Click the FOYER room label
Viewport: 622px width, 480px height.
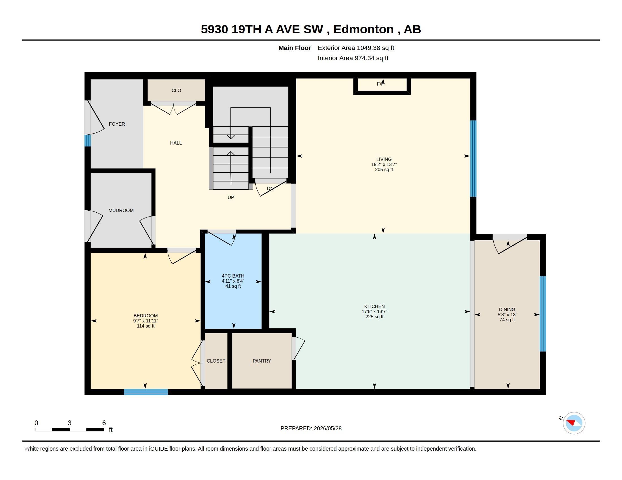point(117,124)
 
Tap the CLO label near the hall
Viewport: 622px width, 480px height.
point(176,90)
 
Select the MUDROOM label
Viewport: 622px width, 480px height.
point(121,210)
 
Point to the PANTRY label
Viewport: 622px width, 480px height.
point(262,361)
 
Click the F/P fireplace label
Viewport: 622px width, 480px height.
point(381,84)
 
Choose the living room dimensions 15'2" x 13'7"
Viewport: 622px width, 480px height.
point(384,164)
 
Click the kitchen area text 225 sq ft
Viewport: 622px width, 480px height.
point(375,317)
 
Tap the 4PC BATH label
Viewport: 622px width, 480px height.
point(233,276)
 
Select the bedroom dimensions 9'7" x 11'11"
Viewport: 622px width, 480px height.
point(146,321)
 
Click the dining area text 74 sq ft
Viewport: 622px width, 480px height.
point(507,320)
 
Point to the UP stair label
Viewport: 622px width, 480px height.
point(231,197)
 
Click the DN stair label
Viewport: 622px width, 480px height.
point(270,188)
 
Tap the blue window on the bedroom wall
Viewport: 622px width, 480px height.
point(146,392)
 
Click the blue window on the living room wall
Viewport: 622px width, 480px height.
point(473,159)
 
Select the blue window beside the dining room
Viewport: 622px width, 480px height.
point(543,314)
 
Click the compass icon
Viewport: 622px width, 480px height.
point(574,423)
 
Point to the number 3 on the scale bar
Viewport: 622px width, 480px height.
point(70,423)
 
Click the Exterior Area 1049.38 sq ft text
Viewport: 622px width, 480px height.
point(356,48)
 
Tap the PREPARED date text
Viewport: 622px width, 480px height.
point(311,428)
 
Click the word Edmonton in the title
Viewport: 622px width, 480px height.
point(364,29)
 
